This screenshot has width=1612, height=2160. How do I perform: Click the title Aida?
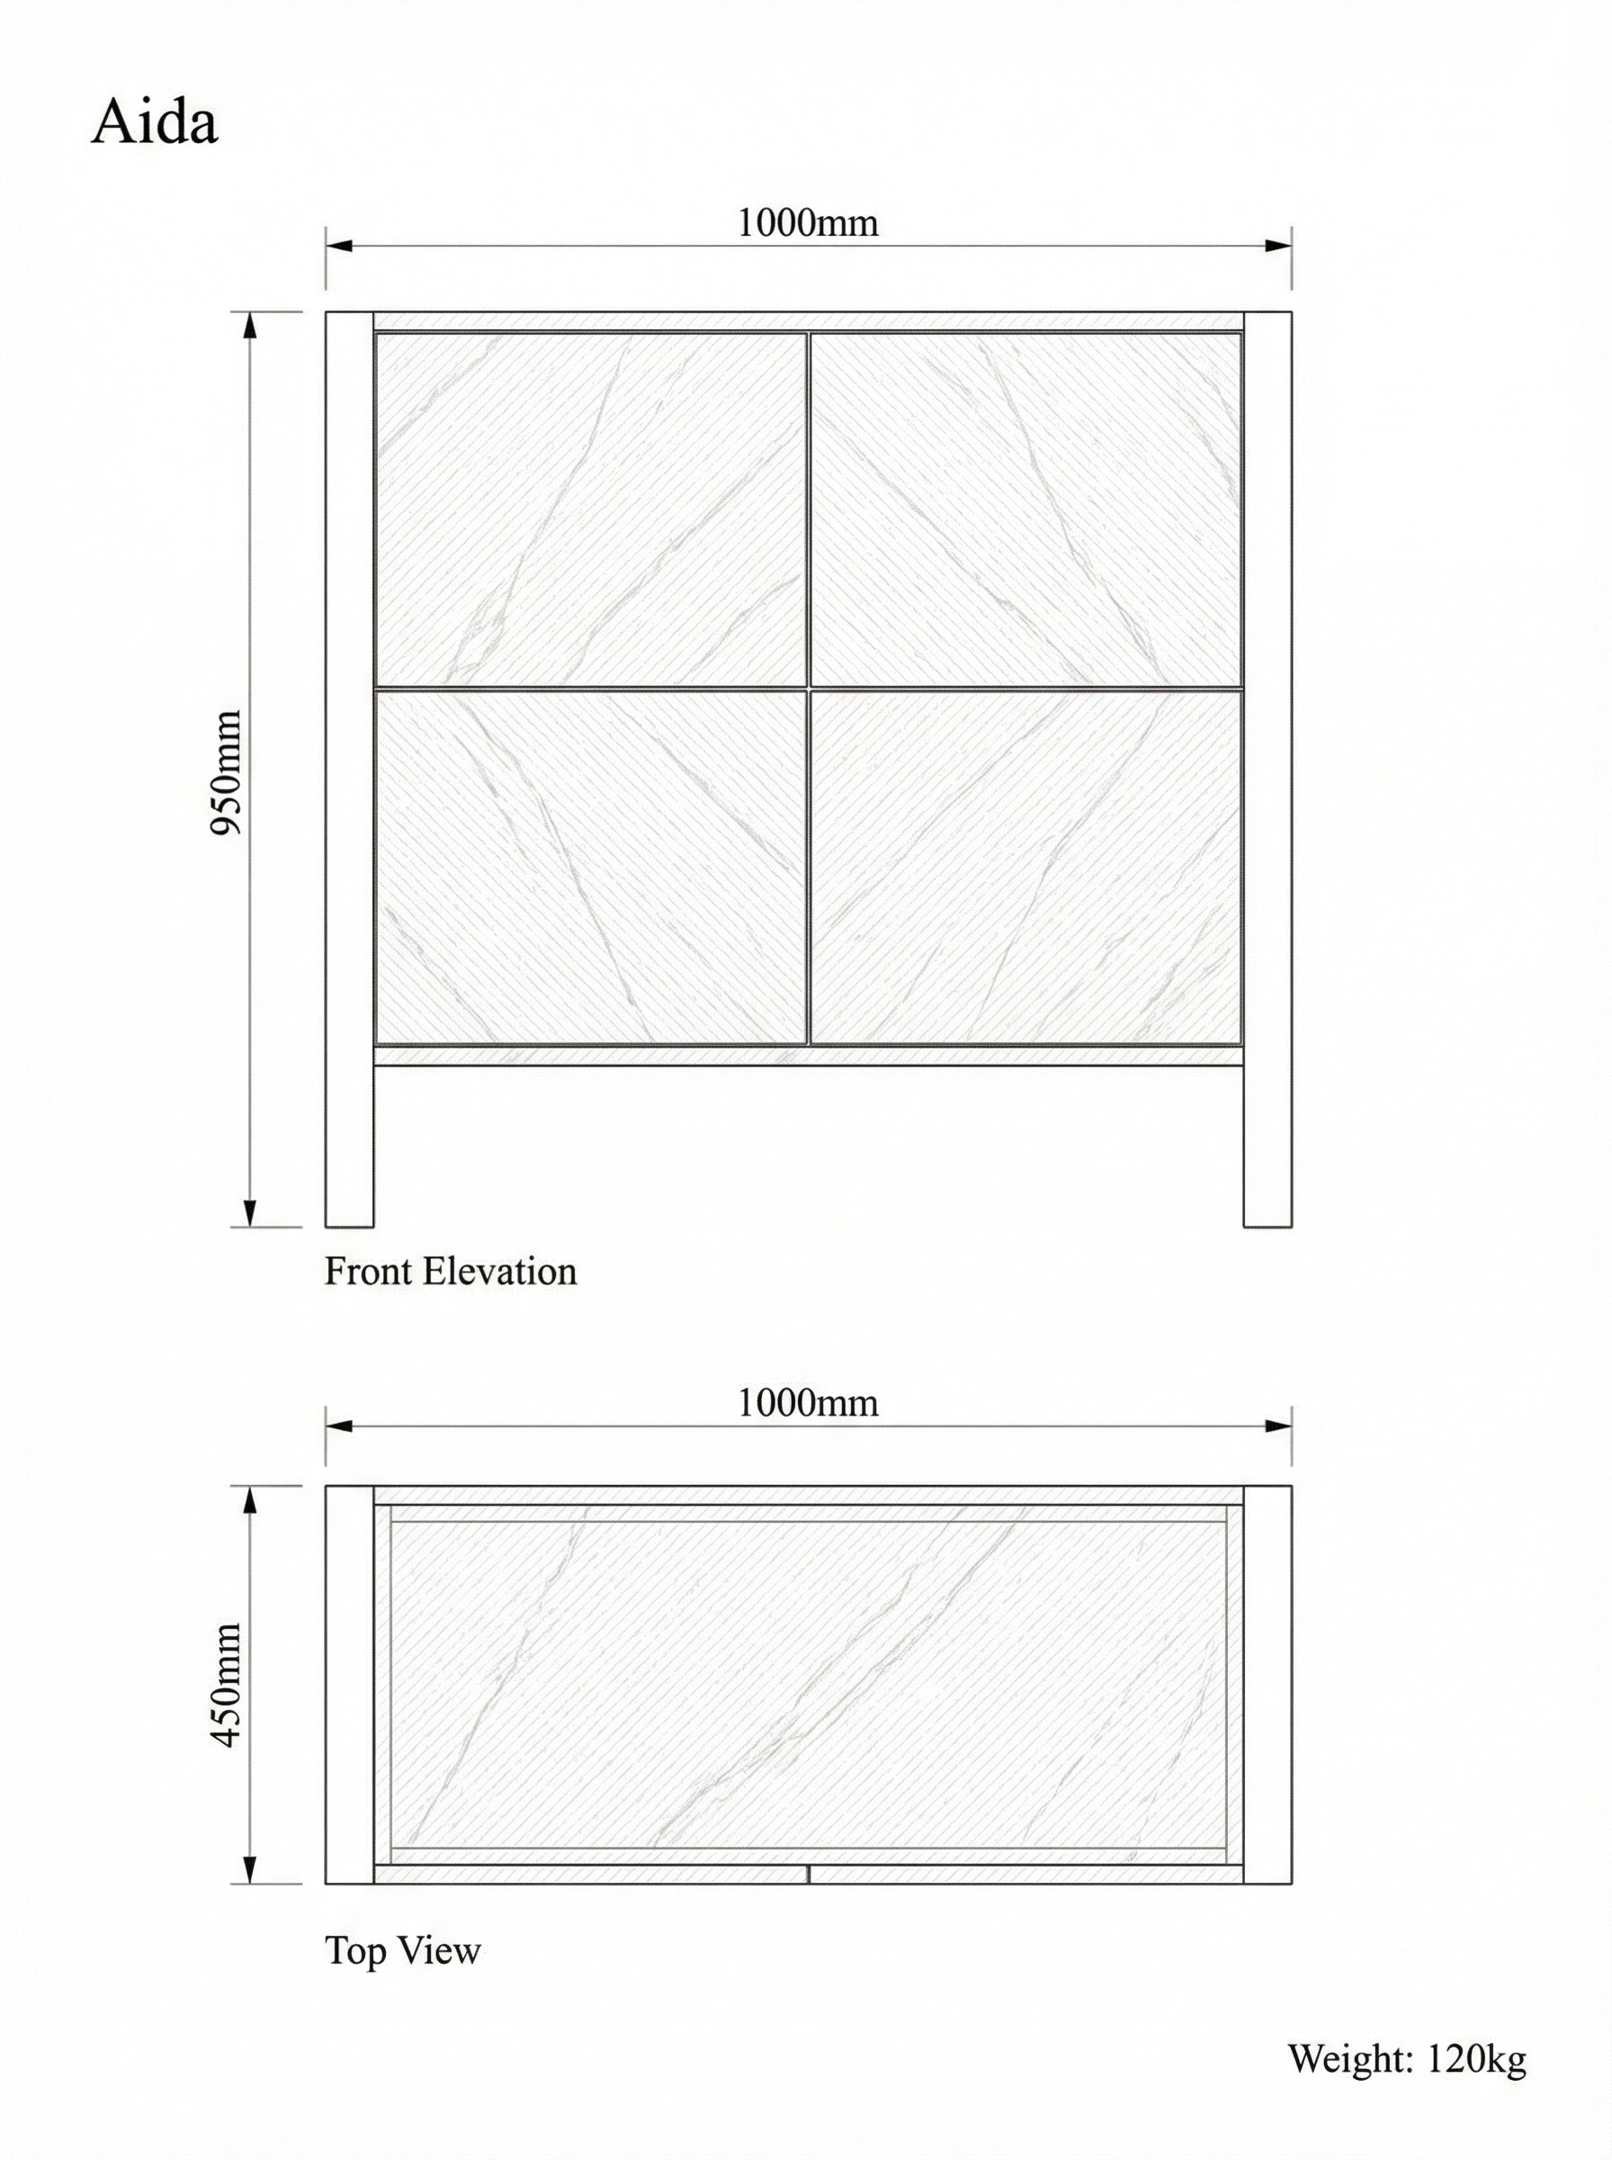click(154, 124)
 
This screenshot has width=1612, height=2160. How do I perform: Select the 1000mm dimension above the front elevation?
click(807, 223)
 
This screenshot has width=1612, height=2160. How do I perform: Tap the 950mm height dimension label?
click(227, 772)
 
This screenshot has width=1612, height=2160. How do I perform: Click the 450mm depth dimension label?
click(227, 1685)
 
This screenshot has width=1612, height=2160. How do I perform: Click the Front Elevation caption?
click(450, 1272)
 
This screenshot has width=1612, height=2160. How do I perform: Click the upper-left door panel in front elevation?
click(590, 509)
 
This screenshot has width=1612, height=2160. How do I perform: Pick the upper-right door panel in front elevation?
click(1025, 509)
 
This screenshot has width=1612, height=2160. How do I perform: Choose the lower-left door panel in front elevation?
click(590, 867)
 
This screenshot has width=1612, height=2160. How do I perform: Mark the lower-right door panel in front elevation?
click(1025, 867)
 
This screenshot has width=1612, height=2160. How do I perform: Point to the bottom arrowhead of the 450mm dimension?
click(250, 1868)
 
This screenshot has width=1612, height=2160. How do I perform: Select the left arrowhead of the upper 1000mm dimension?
click(337, 245)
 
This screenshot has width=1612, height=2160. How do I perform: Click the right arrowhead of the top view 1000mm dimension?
click(1278, 1426)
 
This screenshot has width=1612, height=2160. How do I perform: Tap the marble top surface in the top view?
click(807, 1685)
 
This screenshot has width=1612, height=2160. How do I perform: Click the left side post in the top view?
click(349, 1685)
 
